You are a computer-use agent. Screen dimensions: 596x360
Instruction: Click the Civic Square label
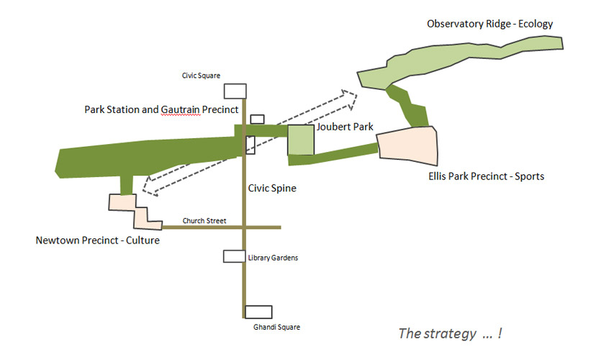[x=201, y=76]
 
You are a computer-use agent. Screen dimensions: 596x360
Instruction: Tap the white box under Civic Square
[x=235, y=91]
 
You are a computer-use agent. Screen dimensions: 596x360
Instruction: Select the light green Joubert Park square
[x=301, y=140]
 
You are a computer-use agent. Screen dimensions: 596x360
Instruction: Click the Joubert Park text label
[x=345, y=127]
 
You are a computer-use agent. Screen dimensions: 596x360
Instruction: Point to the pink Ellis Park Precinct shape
[x=407, y=145]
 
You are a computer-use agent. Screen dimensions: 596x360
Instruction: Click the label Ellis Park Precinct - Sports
[x=486, y=176]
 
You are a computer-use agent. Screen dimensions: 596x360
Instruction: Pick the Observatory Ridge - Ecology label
[x=489, y=24]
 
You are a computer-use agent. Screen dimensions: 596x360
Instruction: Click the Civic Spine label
[x=272, y=188]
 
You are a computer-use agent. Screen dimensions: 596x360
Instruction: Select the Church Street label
[x=204, y=220]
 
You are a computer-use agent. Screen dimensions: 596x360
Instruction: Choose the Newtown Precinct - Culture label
[x=98, y=240]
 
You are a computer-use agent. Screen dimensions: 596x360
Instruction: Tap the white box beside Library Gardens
[x=234, y=256]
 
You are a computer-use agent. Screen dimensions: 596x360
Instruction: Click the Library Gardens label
[x=273, y=258]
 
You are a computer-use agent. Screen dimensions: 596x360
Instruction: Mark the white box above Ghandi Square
[x=258, y=312]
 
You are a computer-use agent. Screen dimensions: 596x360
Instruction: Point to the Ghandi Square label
[x=276, y=327]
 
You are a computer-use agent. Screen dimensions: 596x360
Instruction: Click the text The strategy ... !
[x=451, y=333]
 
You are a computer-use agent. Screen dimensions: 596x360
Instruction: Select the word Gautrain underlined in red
[x=181, y=110]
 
